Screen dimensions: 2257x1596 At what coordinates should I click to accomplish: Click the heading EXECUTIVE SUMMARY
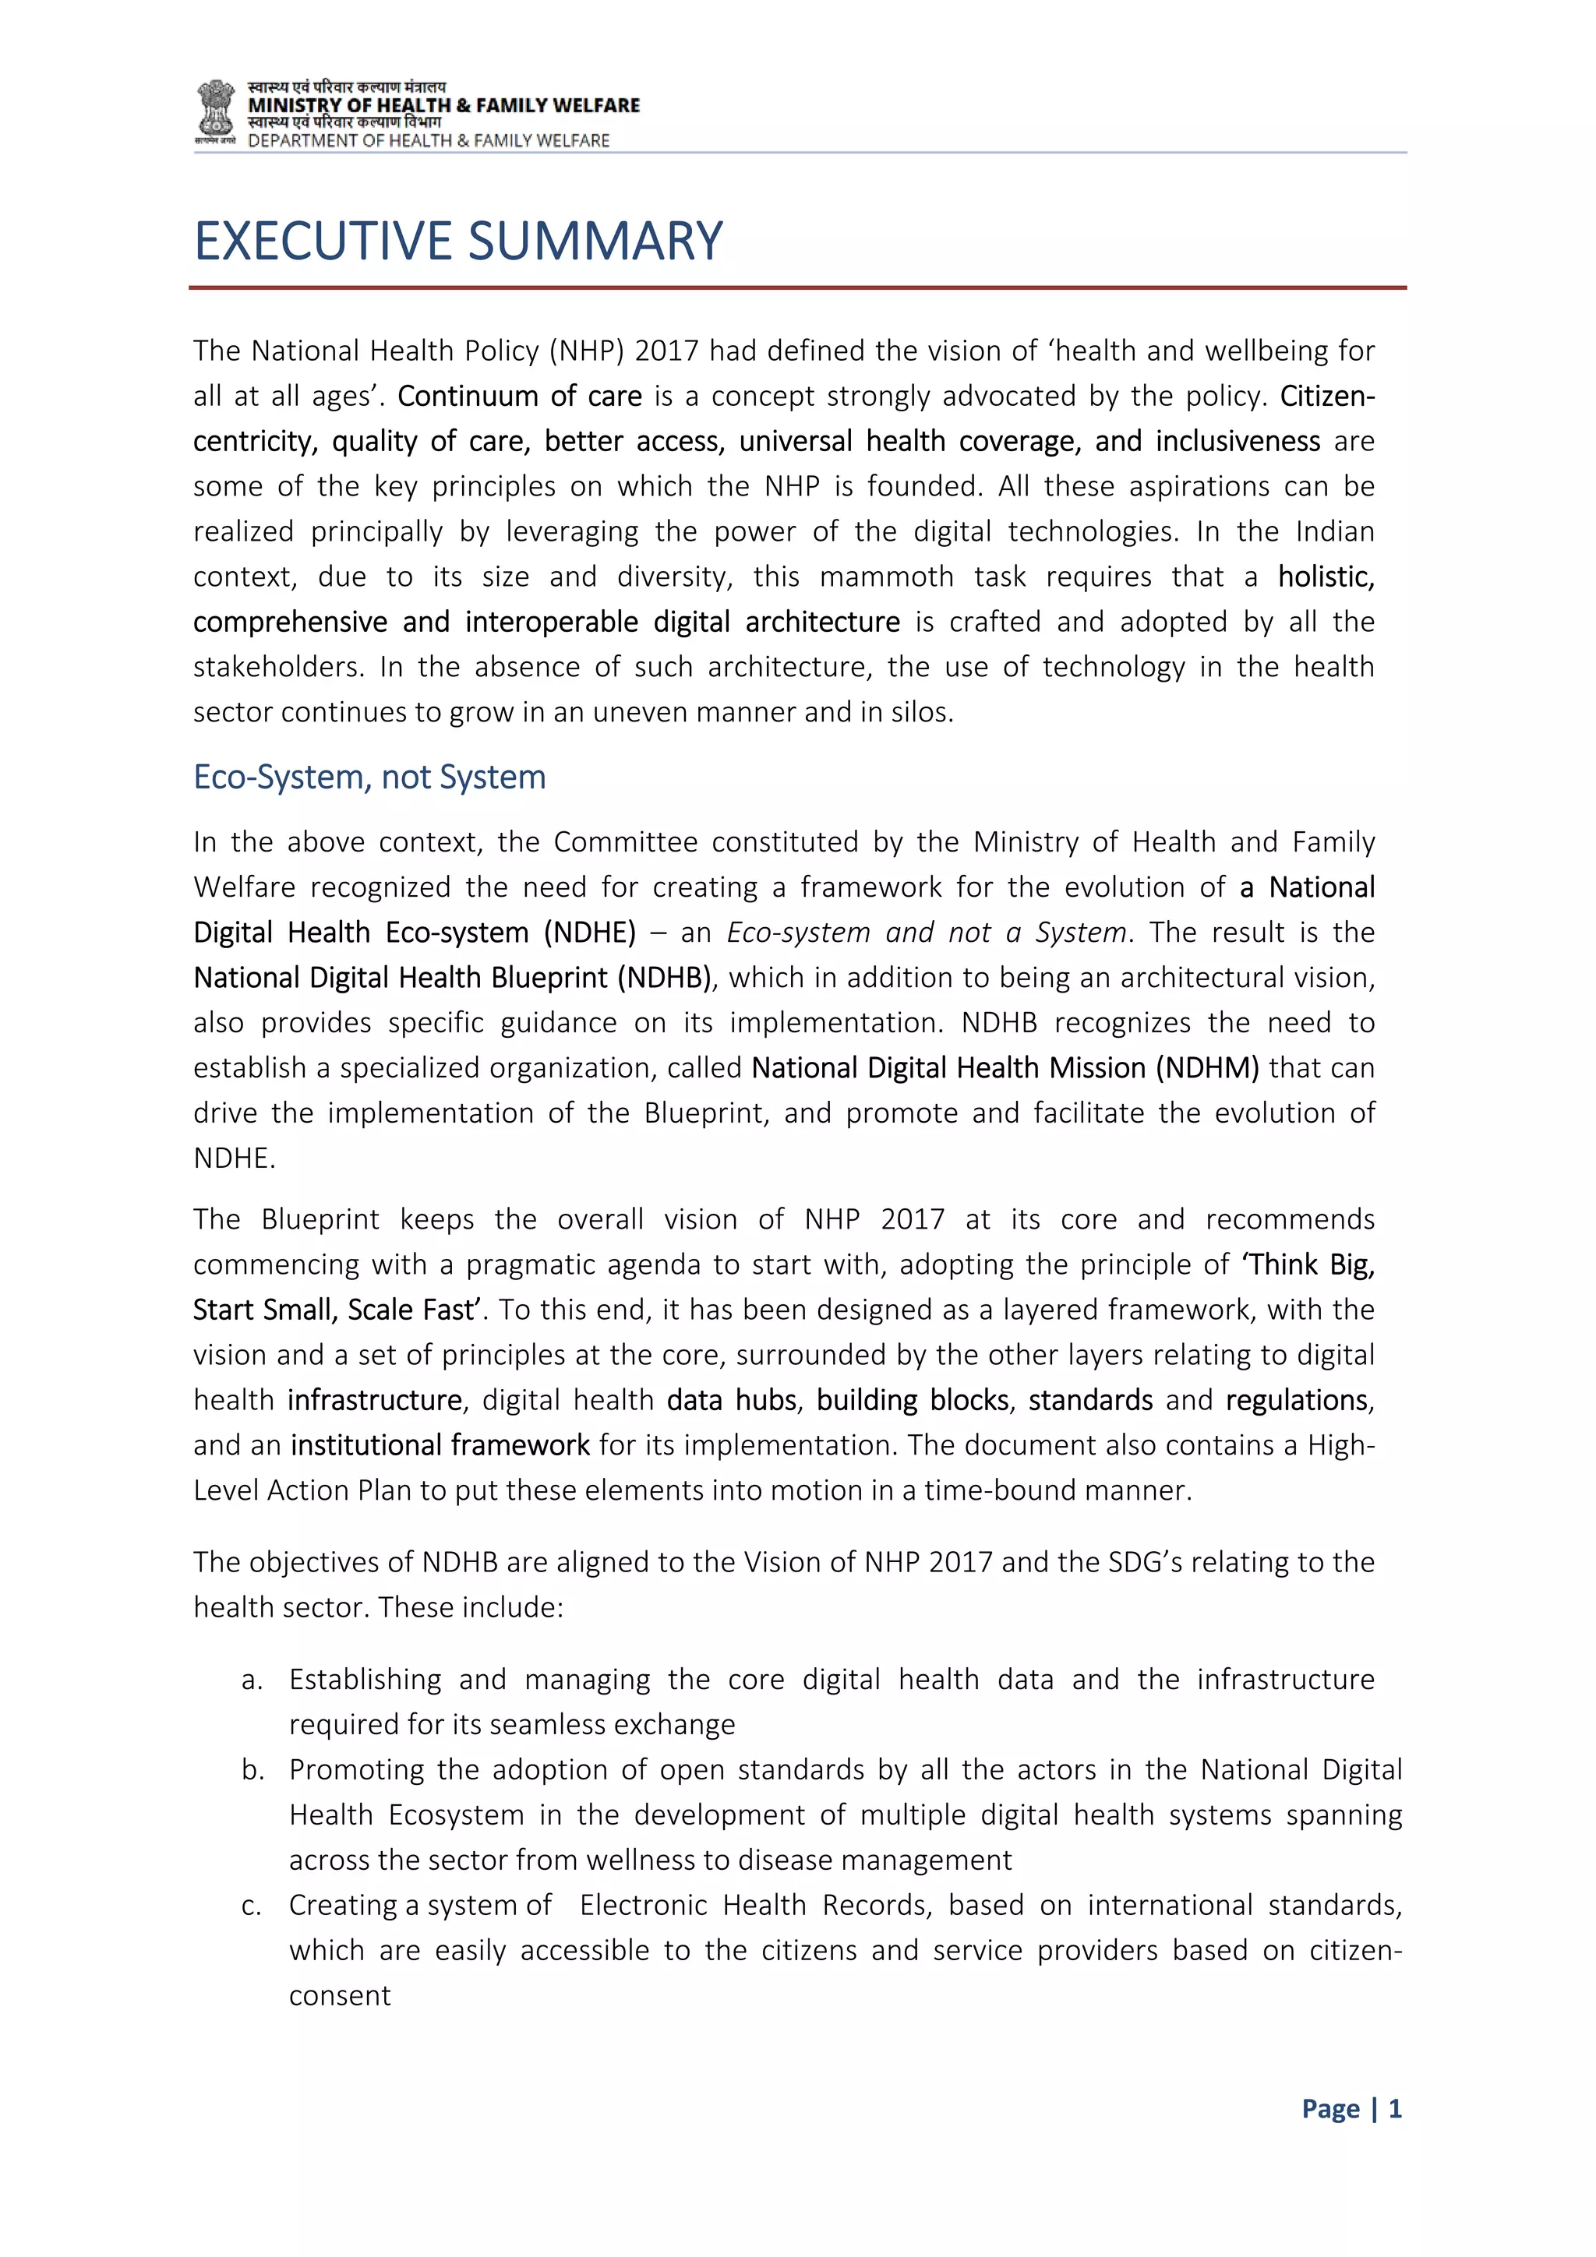[458, 242]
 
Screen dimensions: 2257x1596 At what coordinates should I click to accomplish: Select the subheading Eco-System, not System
[369, 778]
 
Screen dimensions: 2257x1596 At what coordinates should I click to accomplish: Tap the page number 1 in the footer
[1394, 2108]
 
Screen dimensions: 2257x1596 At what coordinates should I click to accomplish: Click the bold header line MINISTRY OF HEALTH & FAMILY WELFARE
[443, 105]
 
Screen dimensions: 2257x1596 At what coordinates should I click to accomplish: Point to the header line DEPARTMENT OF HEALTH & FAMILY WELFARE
[429, 140]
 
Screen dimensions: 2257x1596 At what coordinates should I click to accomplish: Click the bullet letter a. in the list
[252, 1680]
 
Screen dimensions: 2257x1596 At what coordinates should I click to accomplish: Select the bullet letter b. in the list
[252, 1770]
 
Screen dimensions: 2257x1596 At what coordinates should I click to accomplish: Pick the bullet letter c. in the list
[252, 1906]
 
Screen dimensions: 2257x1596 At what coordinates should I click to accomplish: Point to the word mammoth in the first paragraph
[886, 577]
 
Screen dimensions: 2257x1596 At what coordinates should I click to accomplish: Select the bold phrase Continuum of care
[519, 396]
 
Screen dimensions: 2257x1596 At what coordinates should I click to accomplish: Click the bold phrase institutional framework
[440, 1446]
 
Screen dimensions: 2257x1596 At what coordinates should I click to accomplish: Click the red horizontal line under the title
[796, 288]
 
